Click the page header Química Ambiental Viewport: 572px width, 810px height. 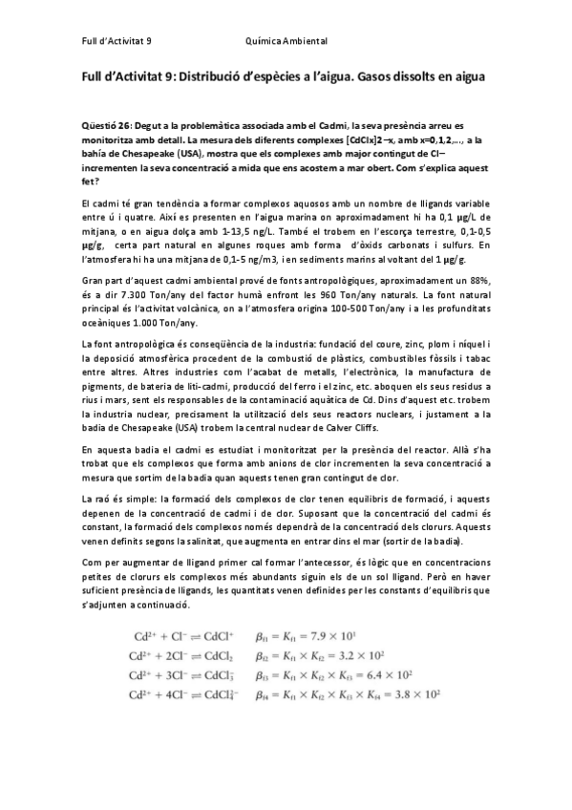(286, 42)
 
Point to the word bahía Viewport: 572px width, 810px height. (95, 152)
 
